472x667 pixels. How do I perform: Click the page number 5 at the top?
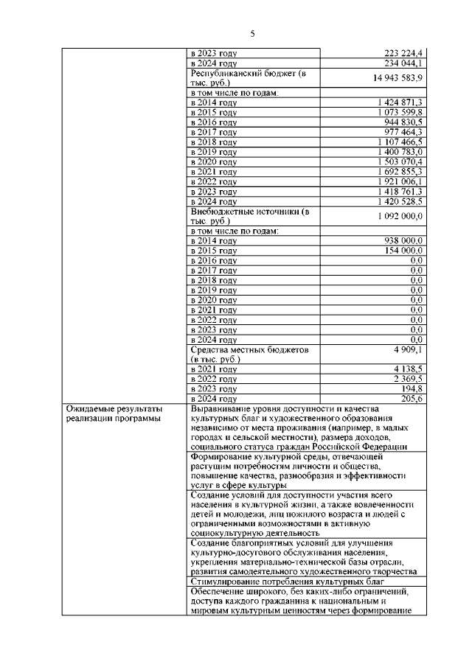[x=252, y=33]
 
